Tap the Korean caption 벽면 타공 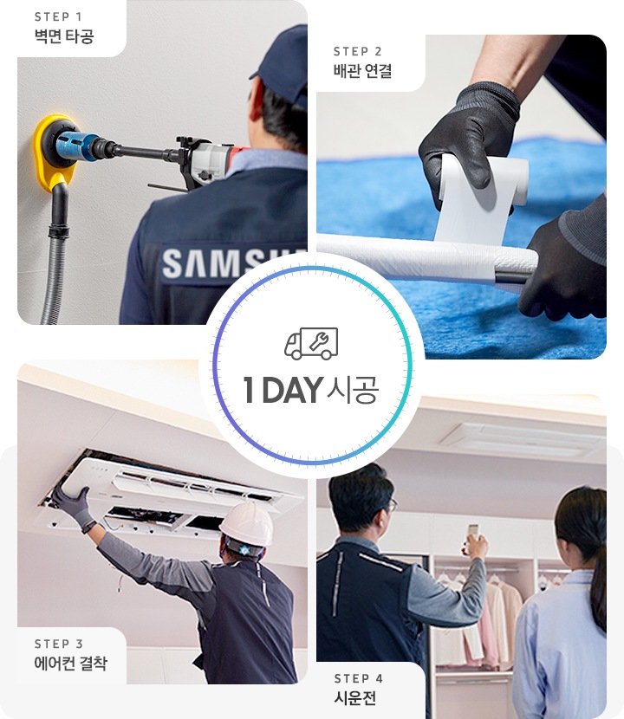click(63, 36)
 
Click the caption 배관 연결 click(362, 71)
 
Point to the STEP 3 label click(59, 644)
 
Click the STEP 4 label click(358, 678)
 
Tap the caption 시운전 click(354, 698)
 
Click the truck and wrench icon click(311, 344)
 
